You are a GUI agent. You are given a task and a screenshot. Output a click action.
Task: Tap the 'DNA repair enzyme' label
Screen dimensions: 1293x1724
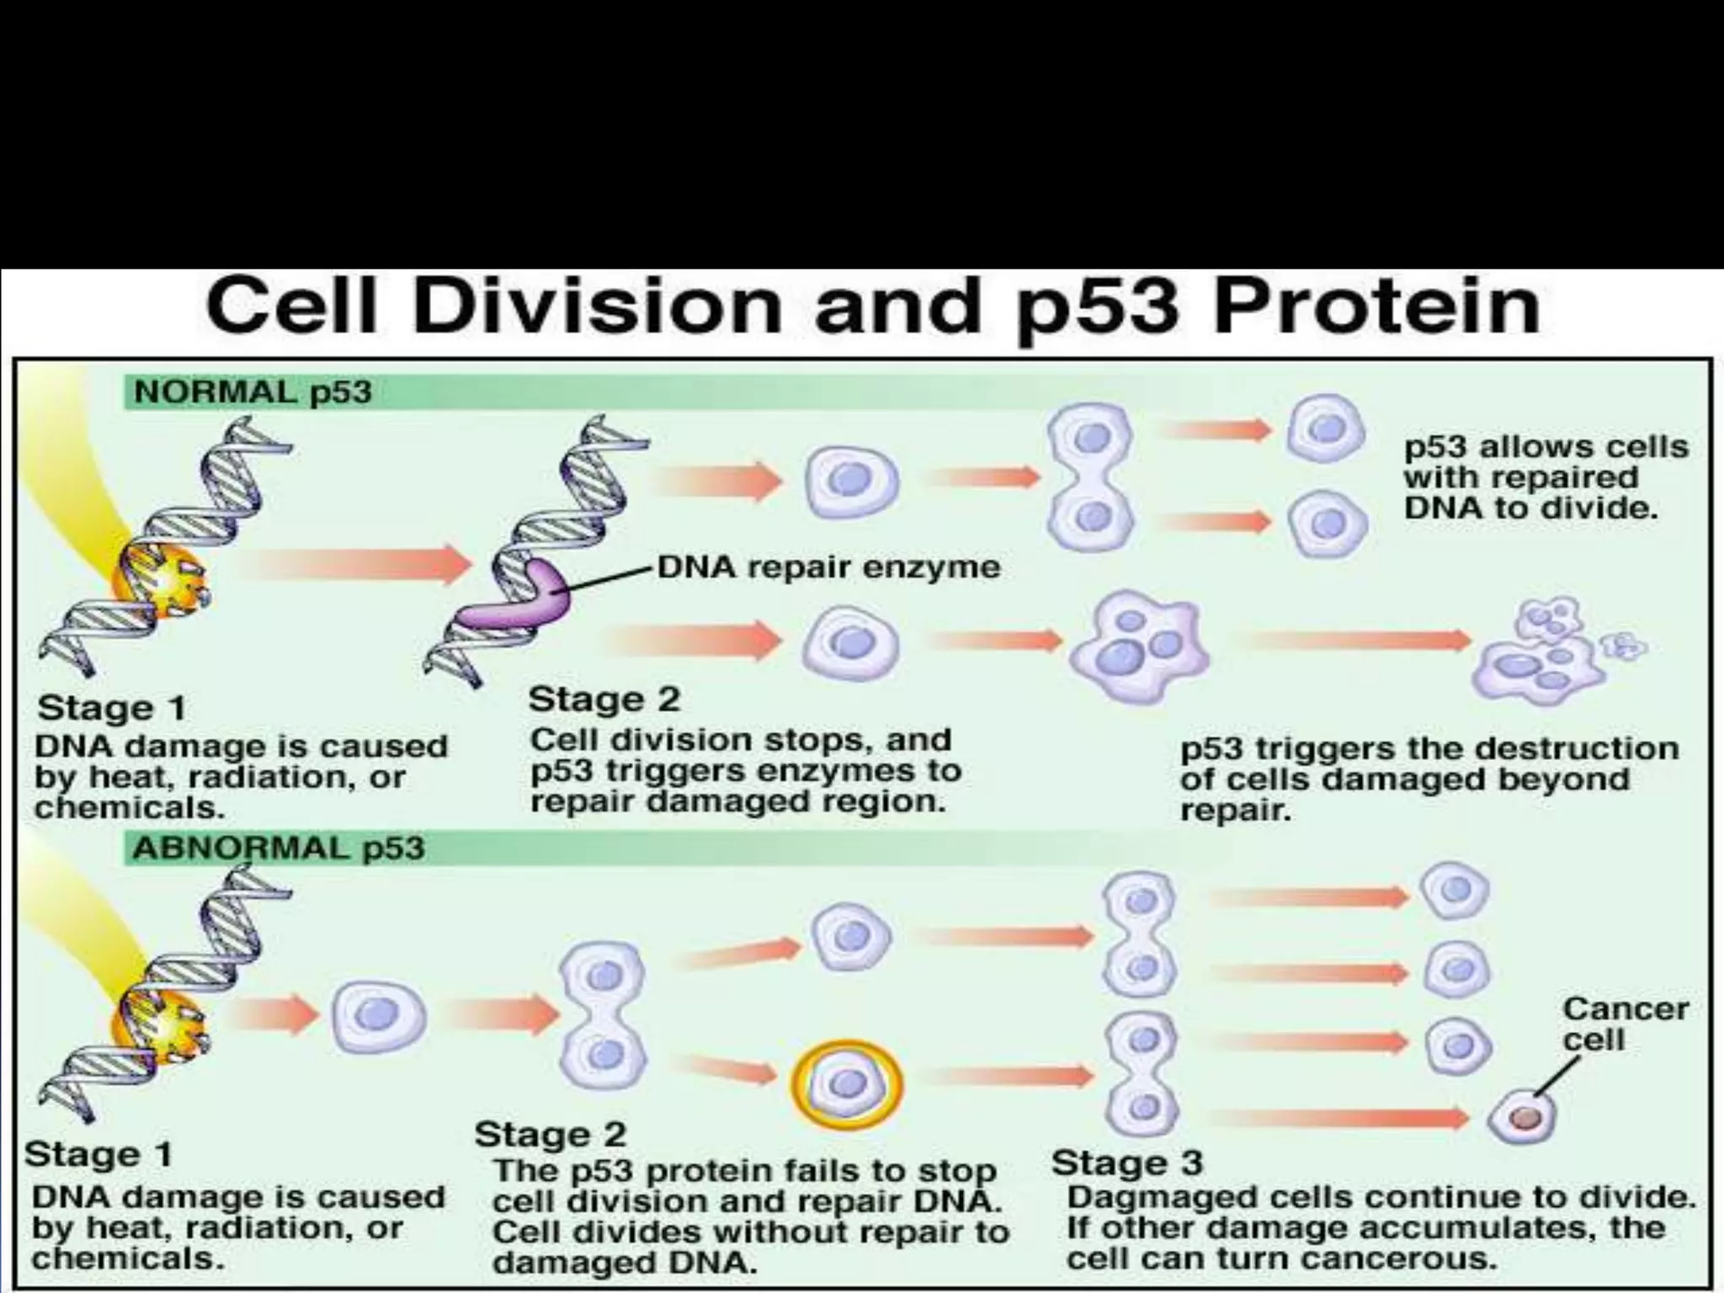[x=828, y=567]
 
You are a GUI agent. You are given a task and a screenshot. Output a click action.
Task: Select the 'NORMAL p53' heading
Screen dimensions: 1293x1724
[x=253, y=392]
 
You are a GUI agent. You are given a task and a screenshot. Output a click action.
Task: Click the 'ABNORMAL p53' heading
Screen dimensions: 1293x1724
[x=279, y=848]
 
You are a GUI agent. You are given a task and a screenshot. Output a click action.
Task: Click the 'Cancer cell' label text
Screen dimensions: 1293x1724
[x=1625, y=1024]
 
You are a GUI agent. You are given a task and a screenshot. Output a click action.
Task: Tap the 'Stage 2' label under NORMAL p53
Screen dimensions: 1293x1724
[x=604, y=700]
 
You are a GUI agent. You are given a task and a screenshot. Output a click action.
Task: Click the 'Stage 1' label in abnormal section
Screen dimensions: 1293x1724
[x=98, y=1154]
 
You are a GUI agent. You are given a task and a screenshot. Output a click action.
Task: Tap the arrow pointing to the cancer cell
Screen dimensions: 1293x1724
[x=1338, y=1118]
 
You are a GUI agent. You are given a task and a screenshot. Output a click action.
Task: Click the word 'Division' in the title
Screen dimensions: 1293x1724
[x=597, y=306]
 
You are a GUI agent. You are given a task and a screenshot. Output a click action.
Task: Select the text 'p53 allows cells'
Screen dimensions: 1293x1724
[x=1546, y=446]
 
